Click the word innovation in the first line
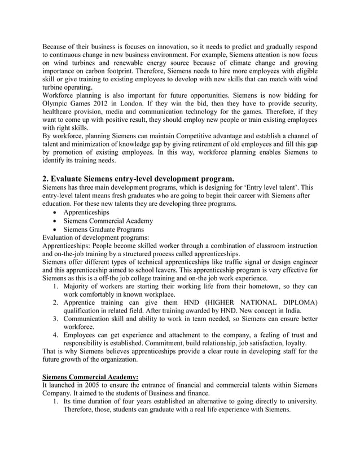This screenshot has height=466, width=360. (x=170, y=45)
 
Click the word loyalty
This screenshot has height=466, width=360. (x=293, y=343)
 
